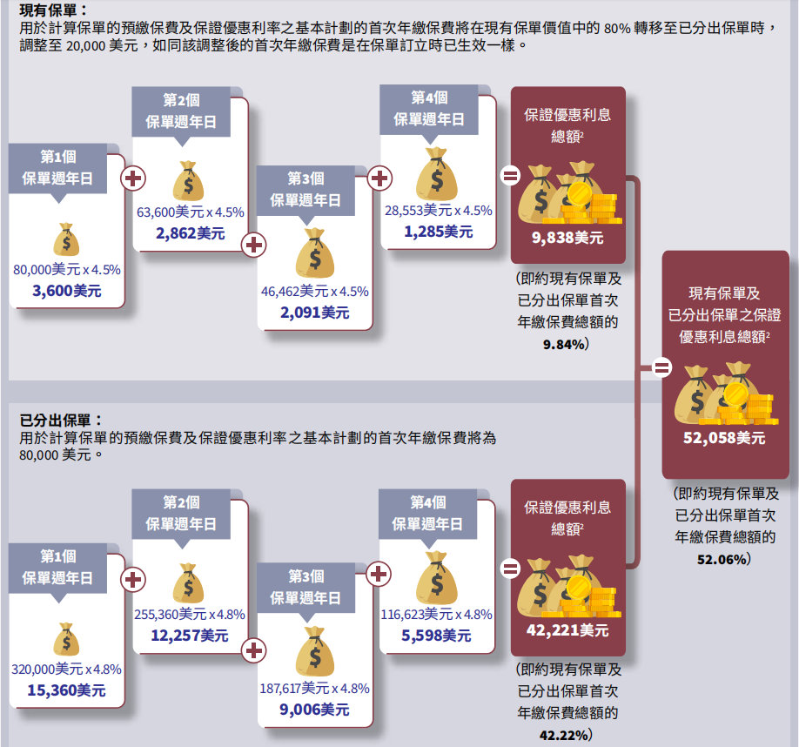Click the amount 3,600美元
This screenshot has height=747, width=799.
(x=66, y=291)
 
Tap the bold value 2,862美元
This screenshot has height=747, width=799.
(x=191, y=232)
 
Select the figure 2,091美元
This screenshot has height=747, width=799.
(x=314, y=312)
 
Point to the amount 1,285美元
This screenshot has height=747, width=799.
(x=438, y=232)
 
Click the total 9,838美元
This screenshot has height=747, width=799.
(x=567, y=237)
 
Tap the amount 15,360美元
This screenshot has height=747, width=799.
(x=66, y=690)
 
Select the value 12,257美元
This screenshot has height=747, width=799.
(x=189, y=636)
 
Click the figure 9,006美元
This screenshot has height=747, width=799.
(x=314, y=710)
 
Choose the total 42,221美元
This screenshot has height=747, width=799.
(x=567, y=629)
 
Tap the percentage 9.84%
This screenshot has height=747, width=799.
(x=562, y=345)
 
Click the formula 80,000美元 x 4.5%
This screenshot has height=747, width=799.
(x=67, y=270)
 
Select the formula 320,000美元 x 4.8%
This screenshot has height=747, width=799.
(x=67, y=670)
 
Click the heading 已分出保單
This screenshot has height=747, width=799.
(x=59, y=421)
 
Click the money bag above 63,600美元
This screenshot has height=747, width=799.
(x=189, y=181)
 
